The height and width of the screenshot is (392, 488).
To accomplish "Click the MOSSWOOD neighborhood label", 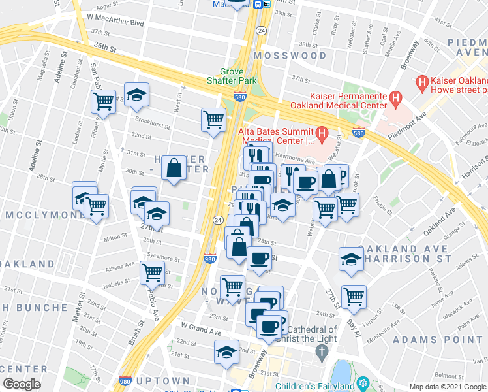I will click(292, 56).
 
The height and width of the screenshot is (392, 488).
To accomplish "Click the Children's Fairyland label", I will click(316, 386).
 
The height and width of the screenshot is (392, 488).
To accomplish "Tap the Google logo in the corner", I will click(22, 384).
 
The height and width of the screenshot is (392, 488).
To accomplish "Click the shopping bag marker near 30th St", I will click(174, 169).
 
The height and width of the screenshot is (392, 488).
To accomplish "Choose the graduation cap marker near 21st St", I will click(226, 351).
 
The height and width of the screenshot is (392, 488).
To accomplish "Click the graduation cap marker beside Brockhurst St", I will click(137, 95).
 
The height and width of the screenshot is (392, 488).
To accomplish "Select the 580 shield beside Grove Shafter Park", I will click(239, 97).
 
